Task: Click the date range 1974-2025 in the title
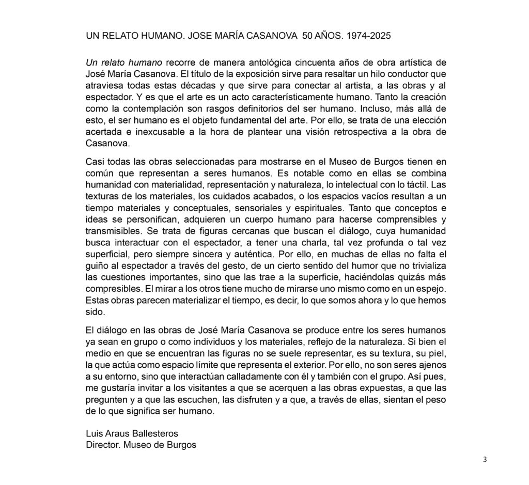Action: [369, 37]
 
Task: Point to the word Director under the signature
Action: [103, 445]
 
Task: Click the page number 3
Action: [485, 460]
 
